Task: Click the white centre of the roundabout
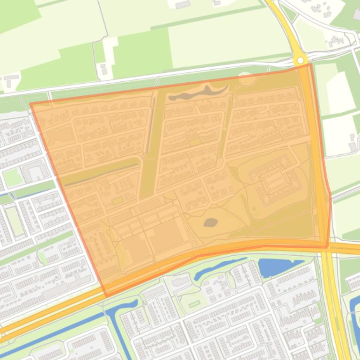coord(300,60)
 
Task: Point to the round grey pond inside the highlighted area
coord(210,223)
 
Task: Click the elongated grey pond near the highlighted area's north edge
coord(197,94)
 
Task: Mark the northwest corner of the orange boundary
coord(30,104)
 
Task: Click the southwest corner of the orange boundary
coord(106,296)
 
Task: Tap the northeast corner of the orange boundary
coord(310,65)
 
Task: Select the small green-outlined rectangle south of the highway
coord(194,304)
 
